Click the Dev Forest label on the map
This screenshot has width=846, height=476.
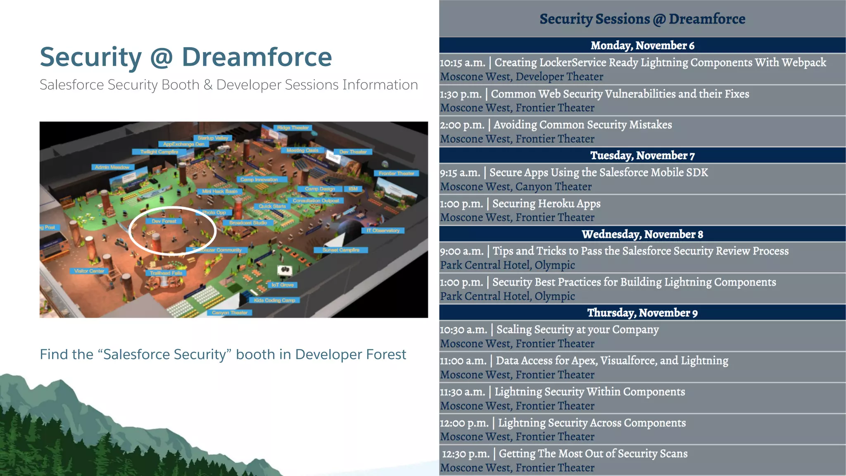pos(164,221)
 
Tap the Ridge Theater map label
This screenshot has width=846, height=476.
pos(292,128)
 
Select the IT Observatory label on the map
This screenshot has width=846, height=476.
pos(383,231)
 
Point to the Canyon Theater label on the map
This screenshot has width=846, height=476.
pos(230,313)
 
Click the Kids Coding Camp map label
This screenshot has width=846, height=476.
pos(274,300)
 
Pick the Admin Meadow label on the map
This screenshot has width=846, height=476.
pos(112,167)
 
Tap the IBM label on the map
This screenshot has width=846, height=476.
pos(353,189)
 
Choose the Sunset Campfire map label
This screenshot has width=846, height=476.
pos(341,250)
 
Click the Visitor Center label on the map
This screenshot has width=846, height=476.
pos(89,271)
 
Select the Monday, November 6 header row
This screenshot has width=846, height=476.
pos(642,45)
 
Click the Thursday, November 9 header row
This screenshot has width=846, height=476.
pos(642,313)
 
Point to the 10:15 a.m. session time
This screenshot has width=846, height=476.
pos(462,63)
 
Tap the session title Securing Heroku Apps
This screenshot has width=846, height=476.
pos(546,204)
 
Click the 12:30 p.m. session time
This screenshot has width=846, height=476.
pos(466,454)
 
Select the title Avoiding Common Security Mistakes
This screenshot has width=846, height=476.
pos(582,125)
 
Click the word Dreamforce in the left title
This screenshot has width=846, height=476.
pos(257,57)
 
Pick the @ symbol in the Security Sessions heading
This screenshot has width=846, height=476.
pos(659,19)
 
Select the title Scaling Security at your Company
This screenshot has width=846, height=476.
pos(577,330)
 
